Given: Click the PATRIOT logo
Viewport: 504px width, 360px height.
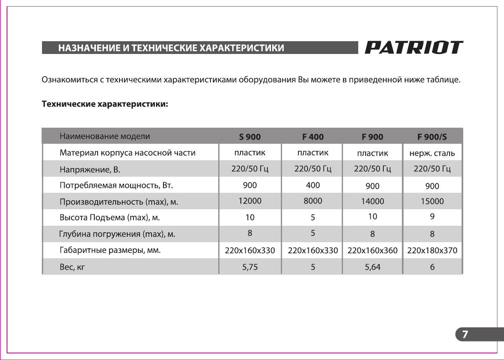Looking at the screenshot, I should click(x=413, y=47).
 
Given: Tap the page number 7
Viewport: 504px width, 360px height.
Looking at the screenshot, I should click(x=465, y=334).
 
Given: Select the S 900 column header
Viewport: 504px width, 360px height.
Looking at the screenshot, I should click(x=250, y=137).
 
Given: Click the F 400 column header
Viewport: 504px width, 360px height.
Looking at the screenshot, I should click(x=313, y=137).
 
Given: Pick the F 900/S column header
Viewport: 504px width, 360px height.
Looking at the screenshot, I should click(x=432, y=137).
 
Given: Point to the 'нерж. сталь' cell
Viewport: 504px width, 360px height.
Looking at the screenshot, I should click(x=432, y=154).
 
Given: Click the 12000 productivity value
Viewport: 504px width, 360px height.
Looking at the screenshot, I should click(x=250, y=201).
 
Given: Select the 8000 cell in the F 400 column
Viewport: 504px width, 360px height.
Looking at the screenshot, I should click(x=313, y=201).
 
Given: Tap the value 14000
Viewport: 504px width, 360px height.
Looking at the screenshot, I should click(x=372, y=202).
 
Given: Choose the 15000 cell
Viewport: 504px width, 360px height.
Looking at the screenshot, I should click(x=432, y=202).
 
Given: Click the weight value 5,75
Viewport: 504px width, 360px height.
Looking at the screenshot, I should click(x=250, y=267).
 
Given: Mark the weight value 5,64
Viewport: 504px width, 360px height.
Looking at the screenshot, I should click(x=372, y=267).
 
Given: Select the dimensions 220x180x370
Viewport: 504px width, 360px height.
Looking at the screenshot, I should click(x=432, y=250).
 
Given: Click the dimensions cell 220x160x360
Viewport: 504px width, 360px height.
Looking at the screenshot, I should click(x=372, y=250).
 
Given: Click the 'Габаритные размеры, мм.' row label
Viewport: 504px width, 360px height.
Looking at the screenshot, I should click(x=110, y=250).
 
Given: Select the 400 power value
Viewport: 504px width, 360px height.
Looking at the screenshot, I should click(x=313, y=185).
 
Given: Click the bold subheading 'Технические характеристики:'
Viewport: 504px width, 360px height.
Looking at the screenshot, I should click(x=105, y=105).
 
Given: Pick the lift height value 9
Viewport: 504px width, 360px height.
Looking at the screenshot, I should click(x=432, y=216).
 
